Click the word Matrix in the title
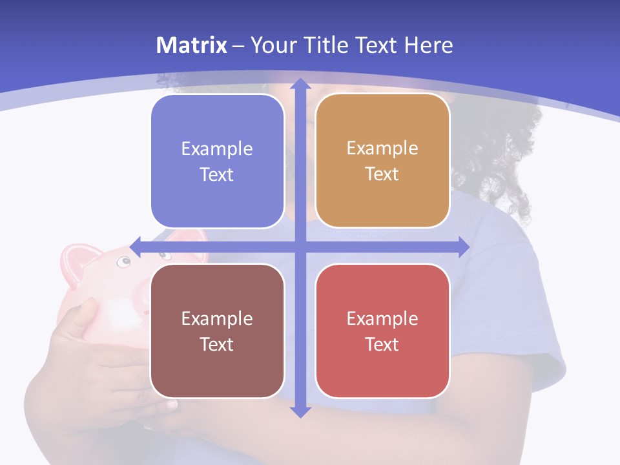pyautogui.click(x=191, y=45)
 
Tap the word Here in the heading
pyautogui.click(x=428, y=45)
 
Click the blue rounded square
pyautogui.click(x=217, y=161)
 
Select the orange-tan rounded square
pyautogui.click(x=382, y=161)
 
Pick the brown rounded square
pyautogui.click(x=217, y=331)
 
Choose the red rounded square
pyautogui.click(x=382, y=331)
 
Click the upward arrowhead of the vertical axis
pyautogui.click(x=300, y=84)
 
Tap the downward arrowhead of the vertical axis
pyautogui.click(x=300, y=411)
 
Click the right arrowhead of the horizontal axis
pyautogui.click(x=463, y=247)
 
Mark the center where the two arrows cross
pyautogui.click(x=300, y=247)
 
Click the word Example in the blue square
pyautogui.click(x=217, y=149)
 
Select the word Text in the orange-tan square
pyautogui.click(x=382, y=174)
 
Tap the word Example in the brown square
pyautogui.click(x=217, y=318)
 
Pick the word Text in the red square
pyautogui.click(x=382, y=344)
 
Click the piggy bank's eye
pyautogui.click(x=123, y=262)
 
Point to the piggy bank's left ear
pyautogui.click(x=79, y=258)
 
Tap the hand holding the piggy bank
pyautogui.click(x=97, y=362)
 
